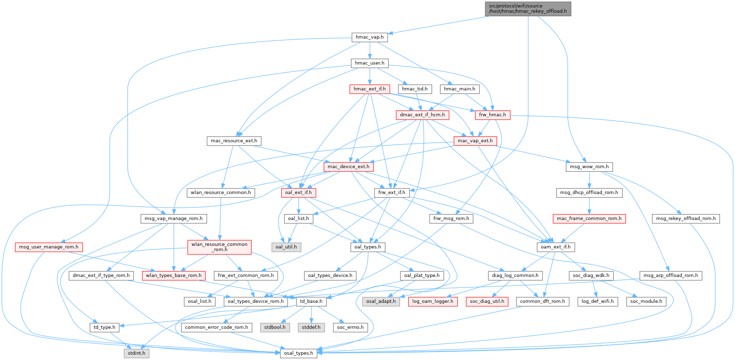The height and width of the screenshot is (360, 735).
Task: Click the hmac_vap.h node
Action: [370, 37]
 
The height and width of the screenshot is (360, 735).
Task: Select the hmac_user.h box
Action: [370, 63]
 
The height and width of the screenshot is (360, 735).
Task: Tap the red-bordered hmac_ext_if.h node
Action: [370, 89]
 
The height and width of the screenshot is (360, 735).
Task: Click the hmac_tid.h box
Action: [414, 89]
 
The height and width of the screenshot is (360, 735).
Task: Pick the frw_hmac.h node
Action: [492, 115]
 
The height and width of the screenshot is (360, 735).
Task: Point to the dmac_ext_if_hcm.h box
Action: [422, 115]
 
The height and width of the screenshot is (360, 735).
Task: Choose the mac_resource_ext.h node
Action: [234, 141]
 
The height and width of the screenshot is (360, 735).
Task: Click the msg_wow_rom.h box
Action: [589, 167]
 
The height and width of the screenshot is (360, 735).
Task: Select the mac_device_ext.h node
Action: [348, 167]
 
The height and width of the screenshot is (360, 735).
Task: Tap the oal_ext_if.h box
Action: [299, 193]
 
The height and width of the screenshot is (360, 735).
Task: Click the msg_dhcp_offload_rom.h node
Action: [589, 193]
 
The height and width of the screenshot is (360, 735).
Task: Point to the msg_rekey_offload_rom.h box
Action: [686, 219]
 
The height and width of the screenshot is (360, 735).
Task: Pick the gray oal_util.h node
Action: [286, 247]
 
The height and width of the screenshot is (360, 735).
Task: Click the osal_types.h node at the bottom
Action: [299, 353]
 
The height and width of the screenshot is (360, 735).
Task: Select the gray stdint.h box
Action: [136, 353]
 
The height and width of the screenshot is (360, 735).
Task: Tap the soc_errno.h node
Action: [350, 327]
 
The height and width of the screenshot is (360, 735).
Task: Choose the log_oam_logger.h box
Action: [433, 301]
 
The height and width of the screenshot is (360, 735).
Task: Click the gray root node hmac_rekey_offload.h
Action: [528, 8]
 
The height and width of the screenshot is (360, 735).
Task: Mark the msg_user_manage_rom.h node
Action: [49, 247]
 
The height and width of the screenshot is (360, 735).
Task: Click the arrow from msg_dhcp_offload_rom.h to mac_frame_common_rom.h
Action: [589, 206]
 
